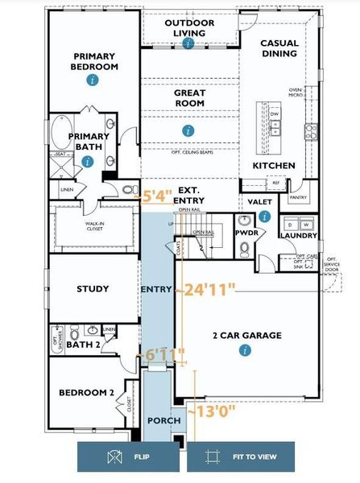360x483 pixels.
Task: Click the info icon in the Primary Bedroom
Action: click(x=93, y=80)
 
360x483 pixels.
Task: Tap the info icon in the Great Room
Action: click(x=188, y=130)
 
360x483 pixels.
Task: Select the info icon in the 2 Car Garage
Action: click(x=243, y=349)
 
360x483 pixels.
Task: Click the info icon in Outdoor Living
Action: click(x=188, y=42)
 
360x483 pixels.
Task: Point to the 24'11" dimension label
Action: click(x=208, y=287)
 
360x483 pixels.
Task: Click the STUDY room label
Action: click(x=93, y=289)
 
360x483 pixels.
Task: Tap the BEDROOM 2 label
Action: click(x=87, y=393)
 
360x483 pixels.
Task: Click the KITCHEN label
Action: click(x=274, y=166)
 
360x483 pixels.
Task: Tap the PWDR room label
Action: click(x=246, y=233)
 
